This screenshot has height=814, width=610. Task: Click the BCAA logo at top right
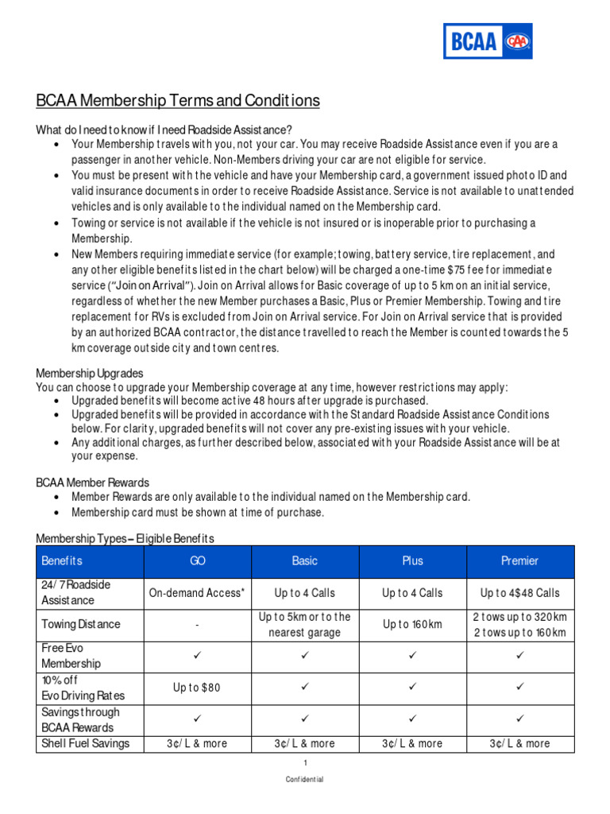pos(488,41)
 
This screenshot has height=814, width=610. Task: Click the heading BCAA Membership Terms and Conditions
pos(178,101)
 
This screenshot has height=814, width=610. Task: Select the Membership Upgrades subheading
pos(90,373)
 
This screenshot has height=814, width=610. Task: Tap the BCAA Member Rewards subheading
pos(93,483)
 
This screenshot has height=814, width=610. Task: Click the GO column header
pos(198,561)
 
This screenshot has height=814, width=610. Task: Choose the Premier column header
pos(519,561)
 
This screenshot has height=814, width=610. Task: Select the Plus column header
pos(412,561)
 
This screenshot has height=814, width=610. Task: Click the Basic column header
pos(305,561)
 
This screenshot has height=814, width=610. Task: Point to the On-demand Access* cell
pos(198,593)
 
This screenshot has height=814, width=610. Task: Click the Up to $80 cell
pos(198,688)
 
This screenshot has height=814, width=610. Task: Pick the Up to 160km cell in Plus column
pos(412,625)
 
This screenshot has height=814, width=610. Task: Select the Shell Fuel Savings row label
pos(86,744)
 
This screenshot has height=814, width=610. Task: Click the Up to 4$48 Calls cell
pos(519,593)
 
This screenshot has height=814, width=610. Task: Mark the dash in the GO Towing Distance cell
pos(198,626)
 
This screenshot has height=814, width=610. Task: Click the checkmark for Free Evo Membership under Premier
pos(519,656)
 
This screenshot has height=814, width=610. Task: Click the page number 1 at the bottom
pos(305,763)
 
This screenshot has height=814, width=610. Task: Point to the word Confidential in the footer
pos(305,780)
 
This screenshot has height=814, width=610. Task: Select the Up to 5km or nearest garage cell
pos(305,625)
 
